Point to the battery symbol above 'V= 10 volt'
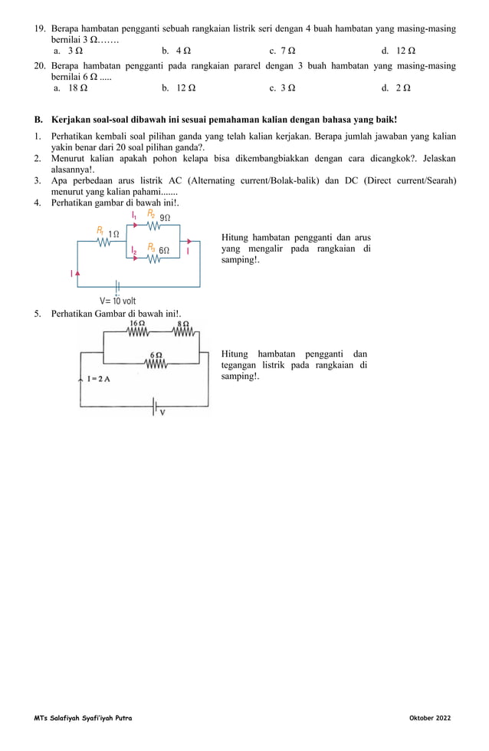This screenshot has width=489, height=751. (117, 286)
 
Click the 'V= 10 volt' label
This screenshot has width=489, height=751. (118, 301)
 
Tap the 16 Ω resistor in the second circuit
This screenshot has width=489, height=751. (138, 332)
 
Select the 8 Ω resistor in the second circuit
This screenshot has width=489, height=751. (184, 332)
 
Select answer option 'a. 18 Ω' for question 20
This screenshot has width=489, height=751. (71, 88)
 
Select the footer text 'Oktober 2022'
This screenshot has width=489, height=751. (430, 717)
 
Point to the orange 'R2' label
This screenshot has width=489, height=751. (152, 213)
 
